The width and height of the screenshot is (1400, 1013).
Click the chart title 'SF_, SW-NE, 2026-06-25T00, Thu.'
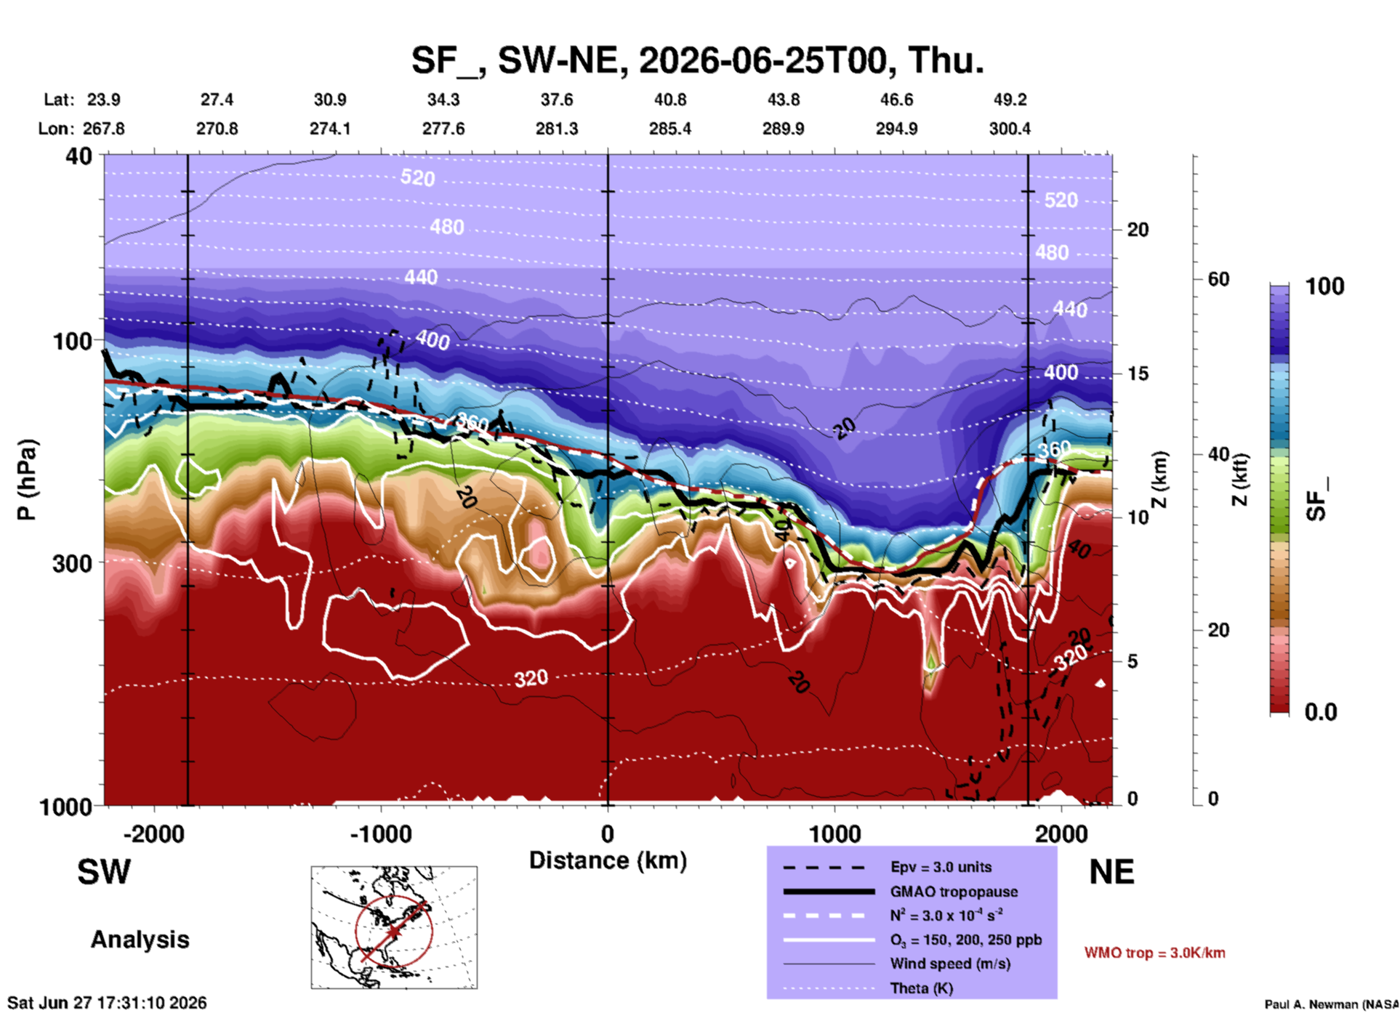coord(697,60)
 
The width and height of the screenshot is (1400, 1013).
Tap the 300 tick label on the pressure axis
coord(72,563)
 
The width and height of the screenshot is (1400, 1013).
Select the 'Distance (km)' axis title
coord(608,860)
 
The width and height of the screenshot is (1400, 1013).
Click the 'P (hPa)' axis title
coord(27,480)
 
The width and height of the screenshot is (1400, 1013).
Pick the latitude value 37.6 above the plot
coord(557,100)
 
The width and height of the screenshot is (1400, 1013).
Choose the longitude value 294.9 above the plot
coord(896,129)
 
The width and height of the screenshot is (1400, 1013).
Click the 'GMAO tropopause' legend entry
coord(954,892)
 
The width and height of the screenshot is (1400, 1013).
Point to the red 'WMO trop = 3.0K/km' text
coord(1154,953)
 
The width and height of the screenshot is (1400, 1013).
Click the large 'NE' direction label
coord(1111,872)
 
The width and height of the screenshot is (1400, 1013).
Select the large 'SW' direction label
coord(104,872)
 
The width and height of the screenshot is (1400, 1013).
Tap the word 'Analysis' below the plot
coord(140,940)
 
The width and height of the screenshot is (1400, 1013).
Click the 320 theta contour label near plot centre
coord(531,678)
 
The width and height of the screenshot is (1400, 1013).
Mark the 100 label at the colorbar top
coord(1324,286)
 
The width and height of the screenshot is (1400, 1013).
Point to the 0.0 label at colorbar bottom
coord(1320,712)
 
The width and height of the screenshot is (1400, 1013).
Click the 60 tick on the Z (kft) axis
coord(1218,279)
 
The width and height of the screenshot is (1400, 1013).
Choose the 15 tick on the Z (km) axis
coord(1138,374)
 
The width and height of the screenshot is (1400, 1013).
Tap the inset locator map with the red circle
coord(394,927)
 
